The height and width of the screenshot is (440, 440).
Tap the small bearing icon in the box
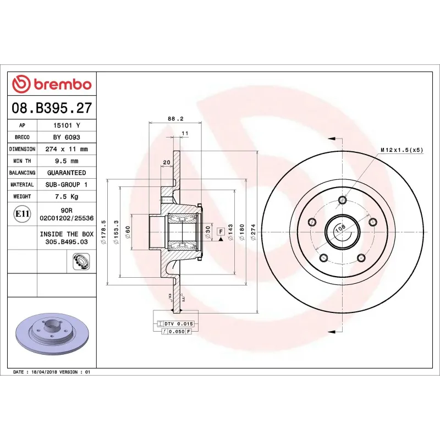[x=81, y=262]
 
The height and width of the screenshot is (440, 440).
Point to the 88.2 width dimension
[x=175, y=118]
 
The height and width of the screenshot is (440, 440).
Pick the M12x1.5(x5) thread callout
[x=402, y=150]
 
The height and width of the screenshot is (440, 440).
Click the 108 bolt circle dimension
[x=340, y=227]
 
